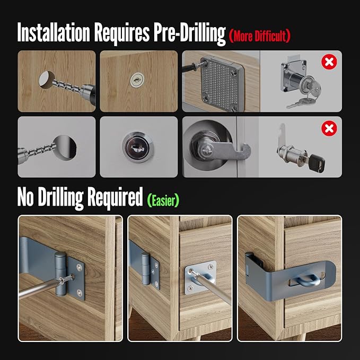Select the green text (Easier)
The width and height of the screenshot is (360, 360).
[x=163, y=199]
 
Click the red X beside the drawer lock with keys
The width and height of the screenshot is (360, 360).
[x=329, y=63]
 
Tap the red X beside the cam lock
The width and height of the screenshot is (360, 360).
[x=329, y=129]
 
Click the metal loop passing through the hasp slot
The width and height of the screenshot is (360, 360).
[x=304, y=278]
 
